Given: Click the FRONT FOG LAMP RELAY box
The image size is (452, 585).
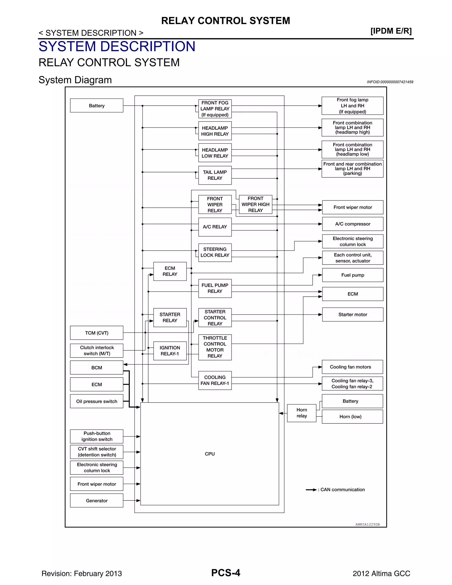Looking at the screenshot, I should coord(215,109).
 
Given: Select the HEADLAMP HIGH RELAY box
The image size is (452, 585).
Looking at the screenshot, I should coord(215,131).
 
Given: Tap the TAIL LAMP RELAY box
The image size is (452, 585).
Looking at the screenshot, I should coord(215,175).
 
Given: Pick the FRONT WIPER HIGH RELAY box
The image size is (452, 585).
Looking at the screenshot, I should coord(255,204).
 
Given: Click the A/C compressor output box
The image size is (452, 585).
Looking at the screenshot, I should coord(353,224).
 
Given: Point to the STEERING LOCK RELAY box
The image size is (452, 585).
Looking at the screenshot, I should coord(215,252).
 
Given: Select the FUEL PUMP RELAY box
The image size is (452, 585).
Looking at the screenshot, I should coord(215,288).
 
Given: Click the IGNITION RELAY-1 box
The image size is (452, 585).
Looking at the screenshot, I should coord(170,351).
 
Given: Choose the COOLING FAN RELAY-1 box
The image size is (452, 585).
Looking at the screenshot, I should coord(215,380).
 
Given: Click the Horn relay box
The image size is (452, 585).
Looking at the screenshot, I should coord(301,413).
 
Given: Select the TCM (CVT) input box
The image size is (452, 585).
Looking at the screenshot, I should coord(97,333).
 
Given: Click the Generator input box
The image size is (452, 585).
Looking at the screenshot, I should coord(97,501).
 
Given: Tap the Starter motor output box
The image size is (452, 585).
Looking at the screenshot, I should coord(353,314).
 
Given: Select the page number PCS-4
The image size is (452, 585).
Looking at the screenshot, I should coord(226,573).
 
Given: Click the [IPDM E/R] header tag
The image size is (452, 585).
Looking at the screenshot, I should coord(391,31).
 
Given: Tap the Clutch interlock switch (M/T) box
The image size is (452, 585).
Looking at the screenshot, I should coord(97,350).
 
